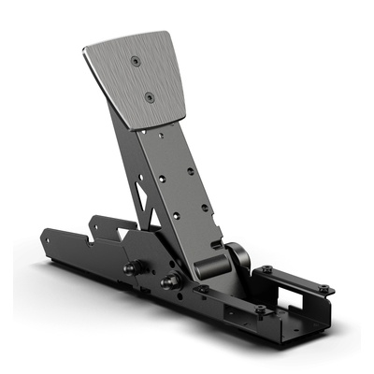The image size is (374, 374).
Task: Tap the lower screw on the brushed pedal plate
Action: coord(149,94)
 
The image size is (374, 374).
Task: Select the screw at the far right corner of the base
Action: coord(324,287)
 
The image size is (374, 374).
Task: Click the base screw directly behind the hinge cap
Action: coord(266,270)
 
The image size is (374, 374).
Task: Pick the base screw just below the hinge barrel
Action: coord(202,289)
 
